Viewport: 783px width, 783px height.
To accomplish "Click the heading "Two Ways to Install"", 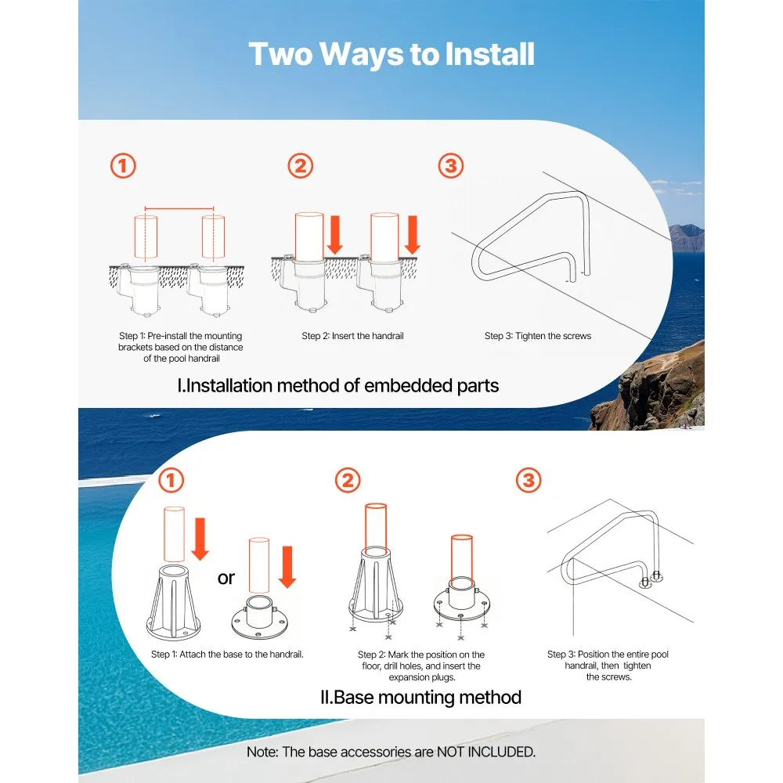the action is pos(391,55).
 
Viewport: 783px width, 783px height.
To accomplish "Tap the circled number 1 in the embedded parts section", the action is pos(123,166).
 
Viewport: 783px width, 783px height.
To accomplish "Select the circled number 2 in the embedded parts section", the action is pos(300,166).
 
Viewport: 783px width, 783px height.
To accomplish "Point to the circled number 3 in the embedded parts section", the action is pos(450,166).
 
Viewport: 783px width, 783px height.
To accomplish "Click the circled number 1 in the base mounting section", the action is pos(171,481).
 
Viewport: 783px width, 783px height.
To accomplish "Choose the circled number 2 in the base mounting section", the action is pos(348,481).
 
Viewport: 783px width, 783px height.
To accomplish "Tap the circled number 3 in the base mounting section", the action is pos(529,481).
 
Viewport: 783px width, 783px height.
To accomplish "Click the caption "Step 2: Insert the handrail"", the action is pos(352,336).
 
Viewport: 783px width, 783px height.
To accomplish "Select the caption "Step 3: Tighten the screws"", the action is pos(538,336).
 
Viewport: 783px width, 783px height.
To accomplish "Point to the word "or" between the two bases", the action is pos(226,579).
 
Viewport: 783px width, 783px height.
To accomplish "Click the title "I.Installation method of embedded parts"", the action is pos(338,385).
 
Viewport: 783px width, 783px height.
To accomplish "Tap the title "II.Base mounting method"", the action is pos(420,697).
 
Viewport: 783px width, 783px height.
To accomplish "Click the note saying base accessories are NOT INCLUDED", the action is pos(391,752).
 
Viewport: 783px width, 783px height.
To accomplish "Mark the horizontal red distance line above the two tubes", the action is pos(179,209).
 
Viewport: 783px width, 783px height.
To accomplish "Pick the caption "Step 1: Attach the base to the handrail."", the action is pos(227,654).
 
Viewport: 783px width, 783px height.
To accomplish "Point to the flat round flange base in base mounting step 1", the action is pos(260,618).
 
